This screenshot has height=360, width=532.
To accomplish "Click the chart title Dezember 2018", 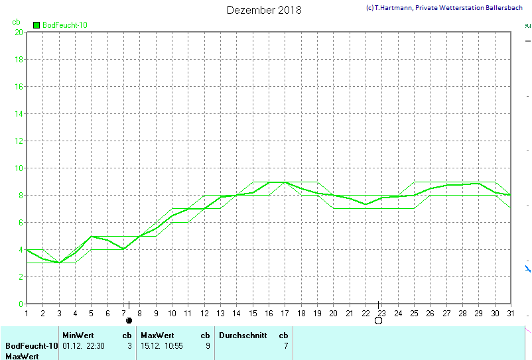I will (263, 10).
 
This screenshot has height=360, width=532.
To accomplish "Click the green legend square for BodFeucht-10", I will (36, 25).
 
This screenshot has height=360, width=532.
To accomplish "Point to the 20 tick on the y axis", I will (19, 32).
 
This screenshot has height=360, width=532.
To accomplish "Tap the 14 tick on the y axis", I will (19, 113).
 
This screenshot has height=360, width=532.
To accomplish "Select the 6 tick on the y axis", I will (20, 222).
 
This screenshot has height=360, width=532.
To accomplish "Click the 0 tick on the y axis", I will (20, 304).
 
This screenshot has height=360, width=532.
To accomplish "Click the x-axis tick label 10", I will (172, 313).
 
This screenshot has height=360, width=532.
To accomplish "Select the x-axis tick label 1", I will (27, 313).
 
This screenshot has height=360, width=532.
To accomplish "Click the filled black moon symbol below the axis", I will (129, 321).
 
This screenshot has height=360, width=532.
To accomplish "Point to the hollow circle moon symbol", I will (378, 321).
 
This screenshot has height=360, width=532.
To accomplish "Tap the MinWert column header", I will (78, 335).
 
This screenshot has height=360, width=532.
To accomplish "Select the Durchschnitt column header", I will (243, 335).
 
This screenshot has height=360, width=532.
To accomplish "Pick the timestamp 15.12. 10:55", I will (165, 345).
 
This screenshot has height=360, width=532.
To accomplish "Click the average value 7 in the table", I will (285, 345).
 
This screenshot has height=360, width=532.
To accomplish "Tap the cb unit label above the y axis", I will (17, 22).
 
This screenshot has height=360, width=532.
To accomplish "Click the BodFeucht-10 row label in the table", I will (31, 345).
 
